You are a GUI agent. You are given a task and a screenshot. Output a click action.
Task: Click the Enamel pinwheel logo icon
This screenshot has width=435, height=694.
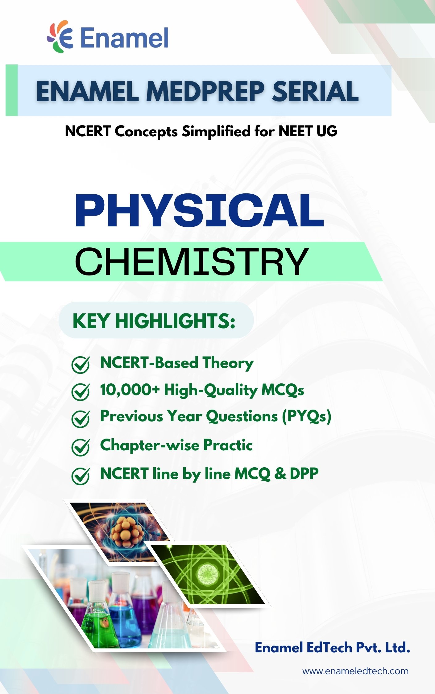point(60,37)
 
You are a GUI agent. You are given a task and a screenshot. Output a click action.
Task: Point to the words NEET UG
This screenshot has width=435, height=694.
point(308,131)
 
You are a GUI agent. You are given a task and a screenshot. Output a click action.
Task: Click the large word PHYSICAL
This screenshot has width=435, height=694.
point(200,211)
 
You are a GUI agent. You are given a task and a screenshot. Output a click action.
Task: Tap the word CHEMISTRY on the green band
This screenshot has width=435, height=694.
point(191,262)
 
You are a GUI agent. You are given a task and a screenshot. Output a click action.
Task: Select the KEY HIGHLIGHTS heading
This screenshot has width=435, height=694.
point(154,321)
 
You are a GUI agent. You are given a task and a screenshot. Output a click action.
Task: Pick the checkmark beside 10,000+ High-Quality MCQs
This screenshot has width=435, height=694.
point(81,391)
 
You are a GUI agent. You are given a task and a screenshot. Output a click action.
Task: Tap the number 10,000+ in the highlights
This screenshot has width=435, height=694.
point(130,390)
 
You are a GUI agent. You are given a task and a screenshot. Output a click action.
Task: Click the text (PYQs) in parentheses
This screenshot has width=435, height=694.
point(307,416)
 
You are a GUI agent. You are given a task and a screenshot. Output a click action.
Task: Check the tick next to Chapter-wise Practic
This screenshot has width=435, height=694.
point(81,447)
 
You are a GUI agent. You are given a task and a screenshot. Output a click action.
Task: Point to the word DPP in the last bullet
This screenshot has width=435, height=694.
point(304,474)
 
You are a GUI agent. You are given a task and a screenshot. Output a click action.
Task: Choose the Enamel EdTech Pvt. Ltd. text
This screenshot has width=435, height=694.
point(333,647)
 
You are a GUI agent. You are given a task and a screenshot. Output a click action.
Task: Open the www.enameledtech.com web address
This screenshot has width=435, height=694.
point(355,671)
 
